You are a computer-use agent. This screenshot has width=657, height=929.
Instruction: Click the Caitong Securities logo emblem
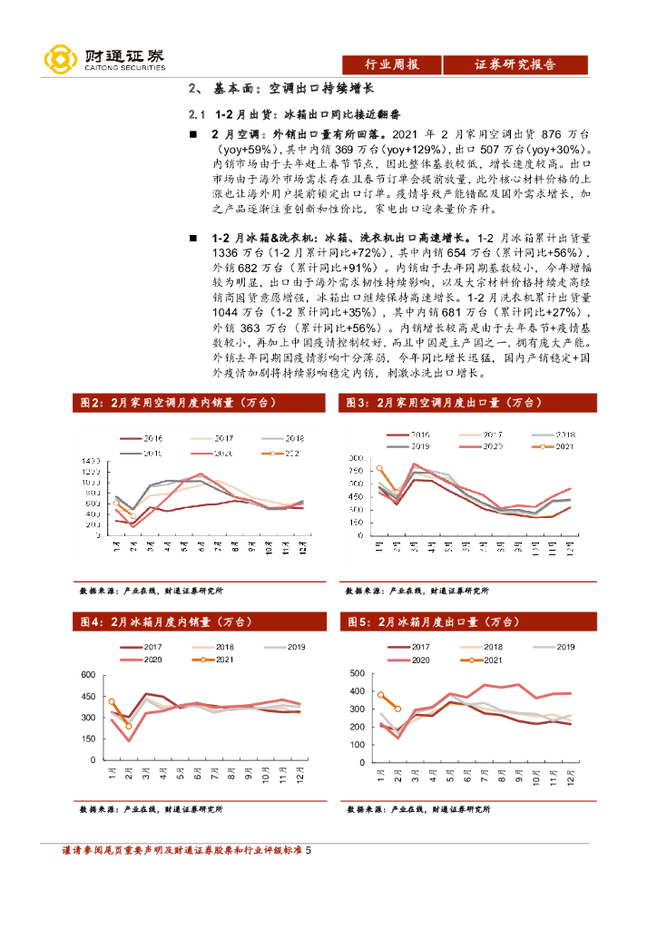pos(60,59)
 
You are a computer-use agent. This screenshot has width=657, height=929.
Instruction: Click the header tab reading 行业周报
pos(391,64)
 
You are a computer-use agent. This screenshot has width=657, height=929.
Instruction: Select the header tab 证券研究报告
pos(515,64)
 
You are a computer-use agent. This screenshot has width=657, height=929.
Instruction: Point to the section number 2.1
pos(198,117)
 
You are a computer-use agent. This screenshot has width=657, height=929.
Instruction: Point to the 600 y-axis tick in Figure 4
pos(88,675)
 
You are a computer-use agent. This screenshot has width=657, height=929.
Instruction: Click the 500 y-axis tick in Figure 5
pos(356,675)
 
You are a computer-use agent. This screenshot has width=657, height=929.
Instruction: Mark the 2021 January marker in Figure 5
pos(381,695)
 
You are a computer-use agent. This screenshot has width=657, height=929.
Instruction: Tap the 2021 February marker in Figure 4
pos(129,726)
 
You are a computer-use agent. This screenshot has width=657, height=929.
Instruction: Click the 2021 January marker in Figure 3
pos(379,469)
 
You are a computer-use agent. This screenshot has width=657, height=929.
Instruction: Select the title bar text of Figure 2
pos(173,403)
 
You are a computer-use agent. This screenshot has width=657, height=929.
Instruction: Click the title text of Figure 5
pos(431,622)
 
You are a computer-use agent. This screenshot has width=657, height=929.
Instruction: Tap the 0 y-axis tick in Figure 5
pos(361,760)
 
